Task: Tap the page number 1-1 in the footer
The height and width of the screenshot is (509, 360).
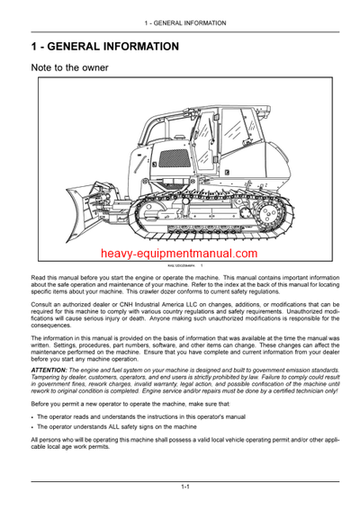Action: (184, 487)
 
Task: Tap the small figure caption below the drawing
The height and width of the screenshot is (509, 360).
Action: (181, 267)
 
